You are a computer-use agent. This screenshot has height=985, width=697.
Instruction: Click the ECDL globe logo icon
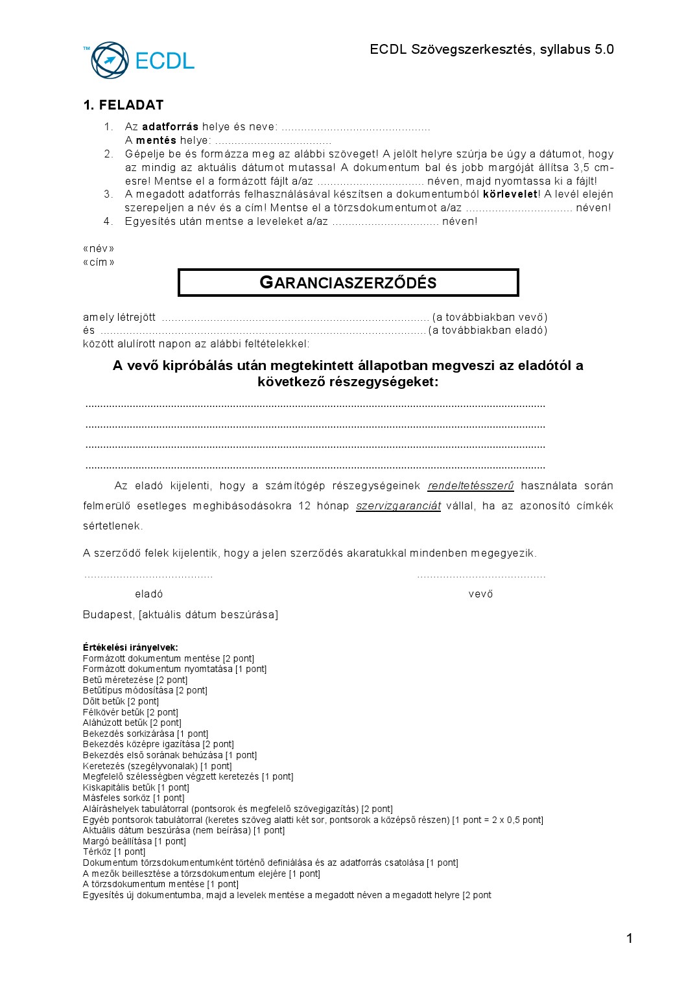point(110,60)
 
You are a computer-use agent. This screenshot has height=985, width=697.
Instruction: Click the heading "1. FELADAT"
point(123,105)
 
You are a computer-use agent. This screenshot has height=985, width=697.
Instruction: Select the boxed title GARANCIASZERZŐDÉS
point(348,283)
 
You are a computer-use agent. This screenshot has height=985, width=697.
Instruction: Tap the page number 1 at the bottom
point(629,938)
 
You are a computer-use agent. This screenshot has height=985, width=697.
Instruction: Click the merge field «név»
point(99,249)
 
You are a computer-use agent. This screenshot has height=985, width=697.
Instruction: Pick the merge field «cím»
point(99,262)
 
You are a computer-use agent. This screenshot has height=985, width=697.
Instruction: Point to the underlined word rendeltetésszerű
point(471,486)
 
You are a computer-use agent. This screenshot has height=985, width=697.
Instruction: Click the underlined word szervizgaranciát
point(398,506)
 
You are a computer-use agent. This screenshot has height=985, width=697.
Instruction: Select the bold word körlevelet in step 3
point(510,194)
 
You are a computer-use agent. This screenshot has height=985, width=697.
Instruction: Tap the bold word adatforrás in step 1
point(170,127)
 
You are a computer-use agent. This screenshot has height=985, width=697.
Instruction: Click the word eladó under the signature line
point(148,594)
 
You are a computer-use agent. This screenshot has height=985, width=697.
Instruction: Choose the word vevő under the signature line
point(480,594)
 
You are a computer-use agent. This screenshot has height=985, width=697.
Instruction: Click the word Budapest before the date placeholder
point(108,614)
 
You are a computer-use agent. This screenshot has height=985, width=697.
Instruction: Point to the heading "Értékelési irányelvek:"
point(130,647)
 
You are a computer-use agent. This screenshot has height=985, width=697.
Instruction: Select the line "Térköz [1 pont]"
point(114,852)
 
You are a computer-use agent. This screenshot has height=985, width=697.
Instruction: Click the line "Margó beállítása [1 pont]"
point(134,841)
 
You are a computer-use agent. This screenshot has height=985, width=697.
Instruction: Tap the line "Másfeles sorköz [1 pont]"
point(134,798)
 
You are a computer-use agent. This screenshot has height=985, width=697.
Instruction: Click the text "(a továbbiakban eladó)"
point(488,330)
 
